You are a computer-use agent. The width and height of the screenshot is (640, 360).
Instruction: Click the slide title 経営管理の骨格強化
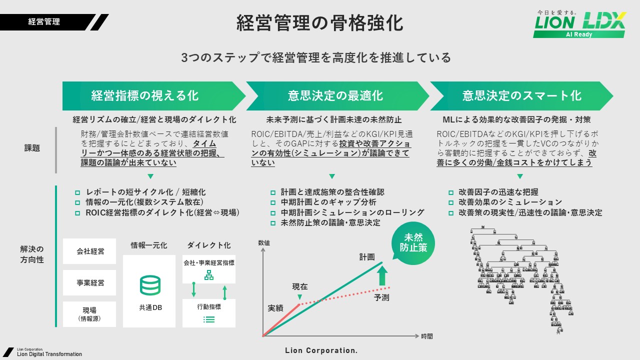pyautogui.click(x=319, y=23)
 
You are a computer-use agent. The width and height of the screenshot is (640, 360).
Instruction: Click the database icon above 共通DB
pyautogui.click(x=150, y=285)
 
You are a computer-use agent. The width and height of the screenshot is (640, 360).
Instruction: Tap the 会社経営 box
pyautogui.click(x=90, y=251)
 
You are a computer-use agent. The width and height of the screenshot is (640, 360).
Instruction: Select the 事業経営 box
pyautogui.click(x=90, y=282)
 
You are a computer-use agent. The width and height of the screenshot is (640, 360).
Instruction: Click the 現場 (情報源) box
pyautogui.click(x=90, y=314)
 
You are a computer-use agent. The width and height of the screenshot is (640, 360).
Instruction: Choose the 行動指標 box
pyautogui.click(x=209, y=313)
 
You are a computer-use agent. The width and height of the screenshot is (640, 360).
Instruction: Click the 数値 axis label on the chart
pyautogui.click(x=263, y=242)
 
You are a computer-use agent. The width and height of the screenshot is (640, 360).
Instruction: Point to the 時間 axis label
pyautogui.click(x=426, y=336)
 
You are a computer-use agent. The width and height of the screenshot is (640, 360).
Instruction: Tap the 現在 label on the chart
pyautogui.click(x=300, y=287)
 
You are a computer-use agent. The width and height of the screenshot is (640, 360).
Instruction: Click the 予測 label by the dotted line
pyautogui.click(x=381, y=298)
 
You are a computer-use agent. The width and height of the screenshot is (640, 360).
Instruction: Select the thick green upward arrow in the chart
pyautogui.click(x=382, y=275)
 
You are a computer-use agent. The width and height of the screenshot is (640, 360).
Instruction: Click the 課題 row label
pyautogui.click(x=32, y=148)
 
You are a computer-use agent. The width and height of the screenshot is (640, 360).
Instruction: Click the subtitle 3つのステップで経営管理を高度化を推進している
pyautogui.click(x=316, y=58)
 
